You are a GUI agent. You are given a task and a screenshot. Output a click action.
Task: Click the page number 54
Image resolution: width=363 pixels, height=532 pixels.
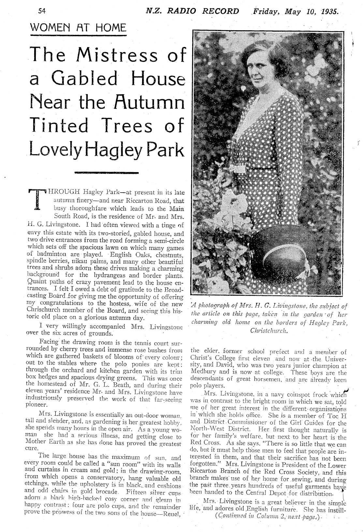click(x=42, y=11)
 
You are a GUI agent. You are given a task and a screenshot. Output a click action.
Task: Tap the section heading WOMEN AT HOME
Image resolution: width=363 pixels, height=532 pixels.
click(x=78, y=27)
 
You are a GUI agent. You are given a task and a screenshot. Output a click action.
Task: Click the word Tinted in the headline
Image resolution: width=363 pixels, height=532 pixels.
click(x=59, y=126)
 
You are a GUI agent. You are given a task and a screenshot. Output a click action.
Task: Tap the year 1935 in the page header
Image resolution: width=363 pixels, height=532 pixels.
click(x=330, y=11)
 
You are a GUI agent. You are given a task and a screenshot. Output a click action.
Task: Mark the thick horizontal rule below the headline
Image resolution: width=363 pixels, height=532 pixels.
click(x=107, y=172)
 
